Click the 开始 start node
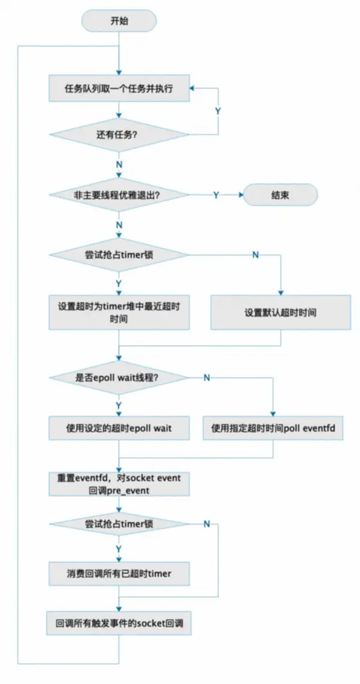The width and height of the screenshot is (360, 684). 119,20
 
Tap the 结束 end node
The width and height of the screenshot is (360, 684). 280,195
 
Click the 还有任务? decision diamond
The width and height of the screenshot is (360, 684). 119,135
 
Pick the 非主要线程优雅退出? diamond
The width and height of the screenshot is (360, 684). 119,195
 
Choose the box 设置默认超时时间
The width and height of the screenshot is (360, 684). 280,313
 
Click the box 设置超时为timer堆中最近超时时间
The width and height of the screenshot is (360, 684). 119,313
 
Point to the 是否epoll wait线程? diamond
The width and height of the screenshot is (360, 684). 119,378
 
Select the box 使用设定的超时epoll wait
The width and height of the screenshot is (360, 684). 119,428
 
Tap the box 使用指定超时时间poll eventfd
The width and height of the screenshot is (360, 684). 273,428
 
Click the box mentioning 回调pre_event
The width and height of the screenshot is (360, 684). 119,484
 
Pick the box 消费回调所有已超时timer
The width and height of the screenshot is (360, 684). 119,573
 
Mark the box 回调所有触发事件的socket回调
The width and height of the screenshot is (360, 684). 119,623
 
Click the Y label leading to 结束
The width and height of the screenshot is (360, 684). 216,195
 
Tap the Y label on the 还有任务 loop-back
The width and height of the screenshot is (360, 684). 218,111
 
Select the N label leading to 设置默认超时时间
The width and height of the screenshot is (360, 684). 255,255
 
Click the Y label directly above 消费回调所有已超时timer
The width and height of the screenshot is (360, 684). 119,548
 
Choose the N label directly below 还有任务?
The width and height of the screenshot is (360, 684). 119,165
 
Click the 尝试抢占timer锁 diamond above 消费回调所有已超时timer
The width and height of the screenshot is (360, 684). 119,524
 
